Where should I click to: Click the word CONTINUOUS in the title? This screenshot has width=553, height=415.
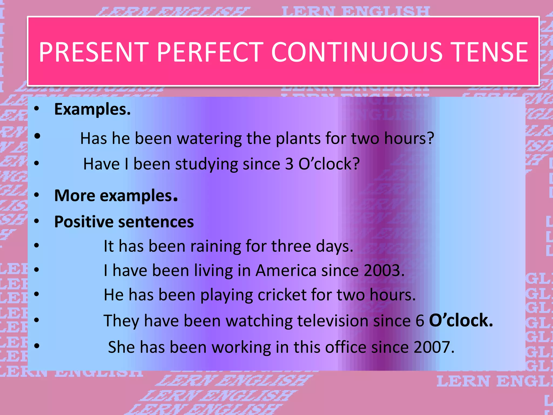[x=356, y=52]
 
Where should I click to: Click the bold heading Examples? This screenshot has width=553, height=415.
[x=92, y=109]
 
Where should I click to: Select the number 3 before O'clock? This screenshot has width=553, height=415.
[x=289, y=164]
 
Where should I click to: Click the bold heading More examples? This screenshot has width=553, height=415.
[x=116, y=195]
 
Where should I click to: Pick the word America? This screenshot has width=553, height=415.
[x=286, y=270]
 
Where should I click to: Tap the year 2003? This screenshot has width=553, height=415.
[x=383, y=270]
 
